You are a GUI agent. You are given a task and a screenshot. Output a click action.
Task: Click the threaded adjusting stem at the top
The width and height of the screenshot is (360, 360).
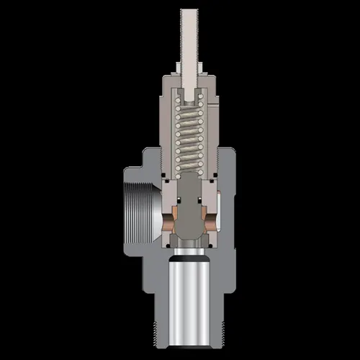click(189, 36)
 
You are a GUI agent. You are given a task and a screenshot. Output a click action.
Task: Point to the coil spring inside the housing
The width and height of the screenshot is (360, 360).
click(189, 137)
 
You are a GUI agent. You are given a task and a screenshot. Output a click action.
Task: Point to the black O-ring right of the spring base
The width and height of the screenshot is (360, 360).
click(212, 176)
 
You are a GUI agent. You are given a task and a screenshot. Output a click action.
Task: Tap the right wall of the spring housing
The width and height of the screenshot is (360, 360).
click(212, 130)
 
